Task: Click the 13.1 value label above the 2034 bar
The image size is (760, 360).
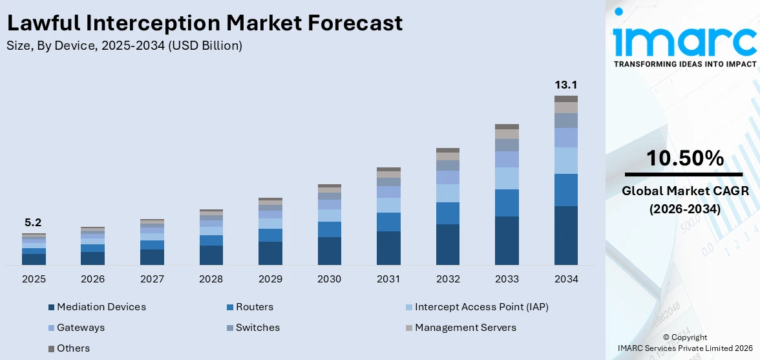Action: [x=565, y=85]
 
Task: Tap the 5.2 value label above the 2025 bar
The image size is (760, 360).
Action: [x=34, y=222]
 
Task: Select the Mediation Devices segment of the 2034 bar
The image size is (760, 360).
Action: [x=565, y=235]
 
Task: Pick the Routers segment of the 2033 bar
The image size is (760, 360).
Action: [x=507, y=203]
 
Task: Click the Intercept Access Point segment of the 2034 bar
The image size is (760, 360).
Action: [x=565, y=160]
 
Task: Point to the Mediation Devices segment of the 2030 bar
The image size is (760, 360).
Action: [x=329, y=251]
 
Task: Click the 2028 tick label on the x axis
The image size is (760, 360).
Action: [x=211, y=279]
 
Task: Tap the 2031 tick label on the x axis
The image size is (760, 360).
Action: [x=388, y=279]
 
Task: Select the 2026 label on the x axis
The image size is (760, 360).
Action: [x=92, y=279]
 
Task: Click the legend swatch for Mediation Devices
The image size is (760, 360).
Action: [x=51, y=308]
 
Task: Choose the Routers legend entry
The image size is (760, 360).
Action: [x=254, y=307]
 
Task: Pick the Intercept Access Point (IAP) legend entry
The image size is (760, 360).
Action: [x=481, y=307]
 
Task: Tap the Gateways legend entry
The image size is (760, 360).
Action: [x=80, y=328]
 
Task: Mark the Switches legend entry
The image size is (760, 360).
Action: [x=257, y=328]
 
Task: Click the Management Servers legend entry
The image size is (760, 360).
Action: [x=465, y=328]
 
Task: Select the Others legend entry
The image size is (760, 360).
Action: [x=73, y=348]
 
